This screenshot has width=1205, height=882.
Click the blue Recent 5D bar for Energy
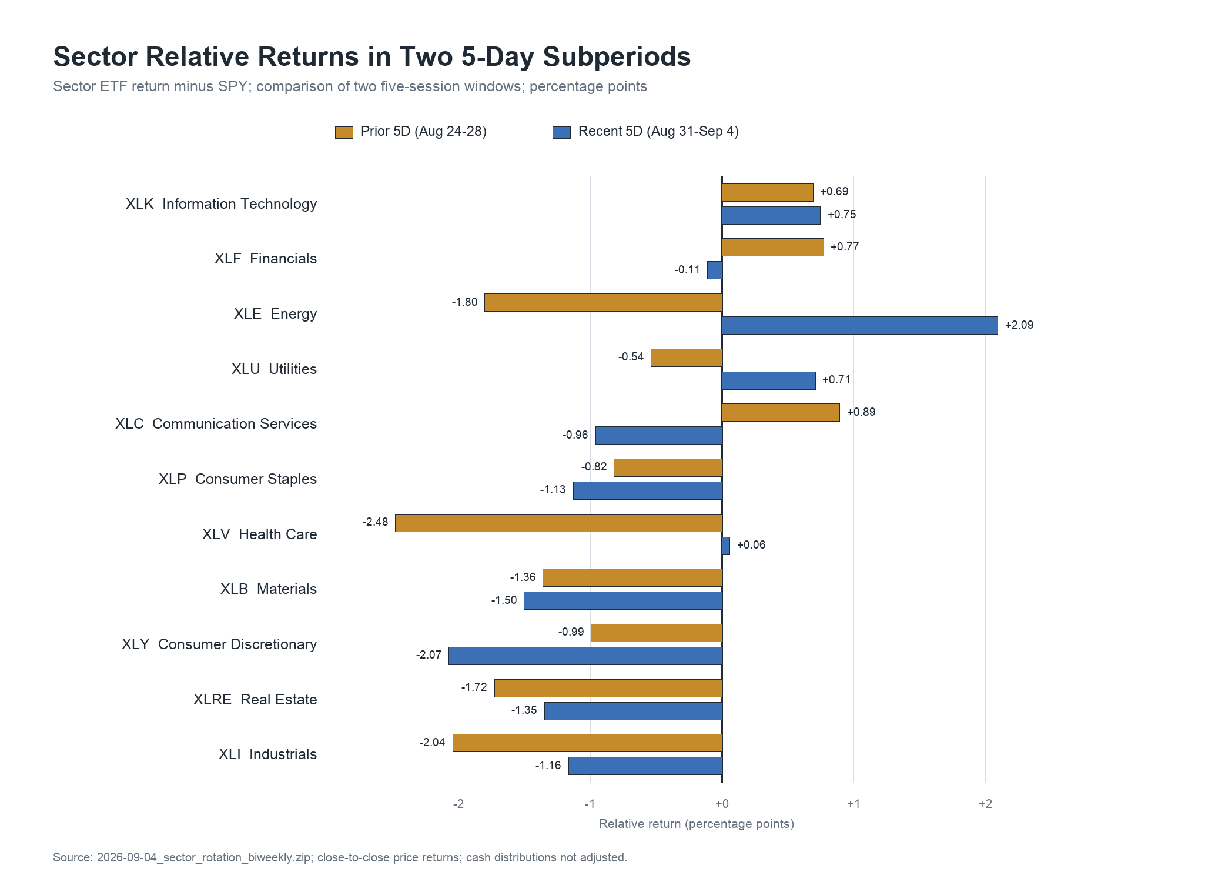[859, 325]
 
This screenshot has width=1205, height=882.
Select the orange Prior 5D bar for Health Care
[558, 523]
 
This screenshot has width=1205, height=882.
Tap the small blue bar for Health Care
[726, 546]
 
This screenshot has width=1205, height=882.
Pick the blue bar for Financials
[715, 270]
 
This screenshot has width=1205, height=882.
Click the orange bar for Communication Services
[781, 412]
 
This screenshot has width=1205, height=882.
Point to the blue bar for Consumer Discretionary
[585, 656]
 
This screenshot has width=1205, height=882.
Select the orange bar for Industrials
[587, 743]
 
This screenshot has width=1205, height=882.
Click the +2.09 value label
[1019, 325]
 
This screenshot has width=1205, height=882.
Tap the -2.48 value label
[375, 522]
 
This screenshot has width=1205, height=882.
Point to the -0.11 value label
[687, 270]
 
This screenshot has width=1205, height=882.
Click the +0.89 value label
[861, 412]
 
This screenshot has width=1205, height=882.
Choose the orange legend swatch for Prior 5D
[344, 132]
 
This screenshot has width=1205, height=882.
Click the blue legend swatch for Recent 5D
[561, 132]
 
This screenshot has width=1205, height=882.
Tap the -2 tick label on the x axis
[458, 804]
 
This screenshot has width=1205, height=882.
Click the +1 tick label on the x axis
[853, 804]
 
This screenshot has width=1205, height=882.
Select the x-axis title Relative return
[697, 824]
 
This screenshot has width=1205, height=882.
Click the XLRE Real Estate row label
[255, 700]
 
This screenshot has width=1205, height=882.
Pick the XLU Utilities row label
[274, 369]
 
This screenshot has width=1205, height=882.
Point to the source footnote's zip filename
[204, 857]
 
